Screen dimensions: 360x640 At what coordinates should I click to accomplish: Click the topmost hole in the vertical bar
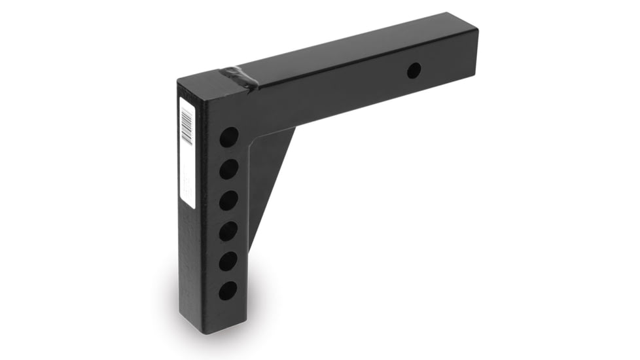[x=229, y=137]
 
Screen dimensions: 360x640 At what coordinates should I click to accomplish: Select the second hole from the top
[x=228, y=170]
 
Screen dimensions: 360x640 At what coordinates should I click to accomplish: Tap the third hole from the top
[x=228, y=200]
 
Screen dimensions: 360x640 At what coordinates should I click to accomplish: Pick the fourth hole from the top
[x=228, y=231]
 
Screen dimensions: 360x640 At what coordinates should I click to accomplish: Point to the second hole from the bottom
[x=228, y=261]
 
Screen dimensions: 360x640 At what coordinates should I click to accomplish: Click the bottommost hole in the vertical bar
[x=228, y=290]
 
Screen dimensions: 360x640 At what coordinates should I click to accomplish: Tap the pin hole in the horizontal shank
[x=414, y=71]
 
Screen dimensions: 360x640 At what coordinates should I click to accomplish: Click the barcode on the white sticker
[x=187, y=126]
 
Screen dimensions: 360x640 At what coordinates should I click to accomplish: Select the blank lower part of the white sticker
[x=188, y=180]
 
